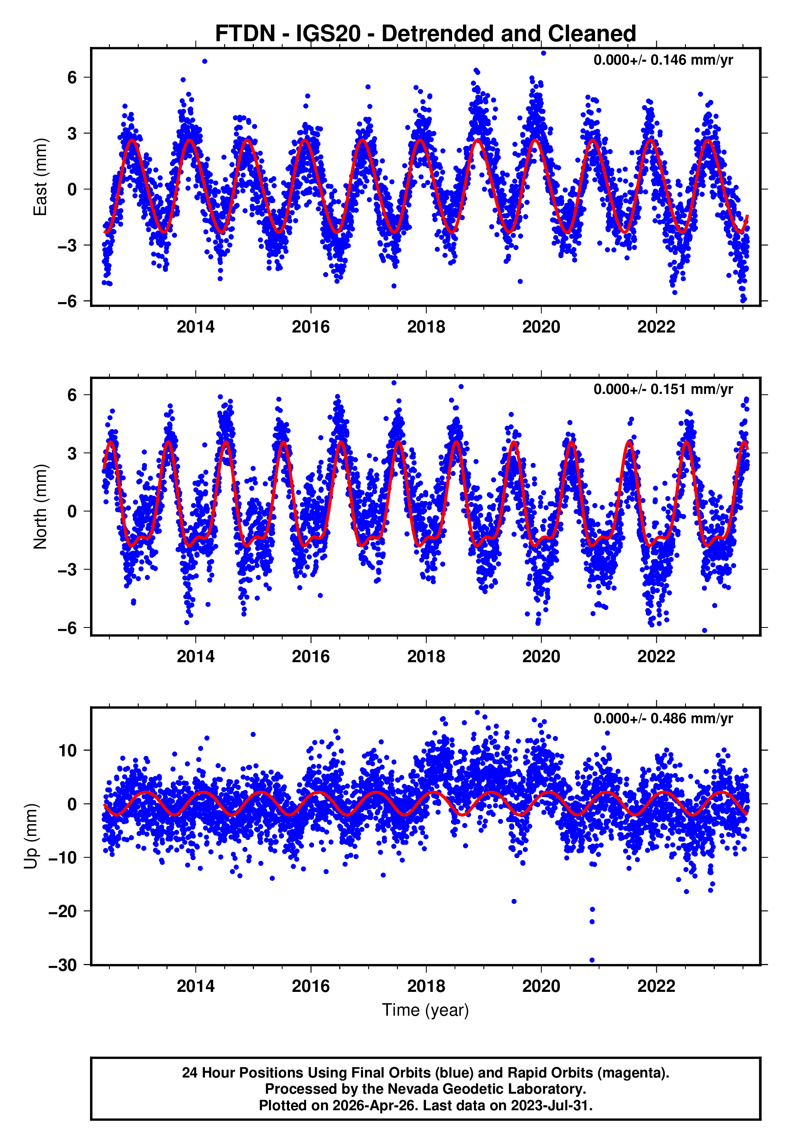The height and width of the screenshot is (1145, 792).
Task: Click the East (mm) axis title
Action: (x=40, y=177)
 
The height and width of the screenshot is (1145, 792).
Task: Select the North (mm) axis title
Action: (x=40, y=507)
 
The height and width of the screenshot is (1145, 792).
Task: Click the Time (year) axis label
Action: (x=425, y=1010)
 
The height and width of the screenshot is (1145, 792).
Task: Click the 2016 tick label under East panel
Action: (x=311, y=327)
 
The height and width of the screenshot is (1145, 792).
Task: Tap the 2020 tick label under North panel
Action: (x=541, y=657)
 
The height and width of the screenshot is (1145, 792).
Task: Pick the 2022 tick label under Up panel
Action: (x=656, y=986)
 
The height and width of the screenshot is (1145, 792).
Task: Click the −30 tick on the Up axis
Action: (x=63, y=965)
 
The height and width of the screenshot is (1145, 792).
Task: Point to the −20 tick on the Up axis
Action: (x=63, y=911)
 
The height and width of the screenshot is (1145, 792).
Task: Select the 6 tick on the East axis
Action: (x=72, y=78)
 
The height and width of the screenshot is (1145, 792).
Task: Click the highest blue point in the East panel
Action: (x=543, y=53)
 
